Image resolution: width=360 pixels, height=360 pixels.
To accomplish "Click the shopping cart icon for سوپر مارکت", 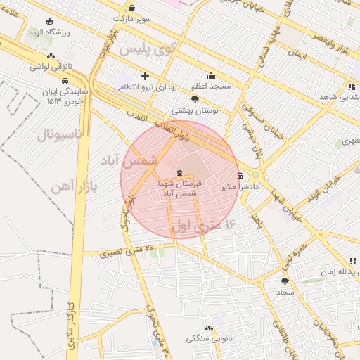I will click(x=131, y=8).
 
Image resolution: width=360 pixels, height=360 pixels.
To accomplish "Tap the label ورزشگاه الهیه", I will click(x=46, y=32).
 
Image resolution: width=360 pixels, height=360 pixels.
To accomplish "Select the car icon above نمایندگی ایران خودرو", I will click(x=65, y=81).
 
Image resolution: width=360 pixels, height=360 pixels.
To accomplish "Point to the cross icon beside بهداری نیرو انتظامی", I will click(x=145, y=76).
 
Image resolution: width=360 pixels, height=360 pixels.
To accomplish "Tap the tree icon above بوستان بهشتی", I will click(x=195, y=100).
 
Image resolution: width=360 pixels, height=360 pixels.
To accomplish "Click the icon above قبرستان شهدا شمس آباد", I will click(x=179, y=173).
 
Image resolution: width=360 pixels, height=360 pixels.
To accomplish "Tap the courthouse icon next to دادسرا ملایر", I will click(x=240, y=176).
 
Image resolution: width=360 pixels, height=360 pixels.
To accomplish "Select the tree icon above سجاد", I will click(x=284, y=281).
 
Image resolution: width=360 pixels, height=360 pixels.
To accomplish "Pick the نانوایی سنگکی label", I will click(x=209, y=338).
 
